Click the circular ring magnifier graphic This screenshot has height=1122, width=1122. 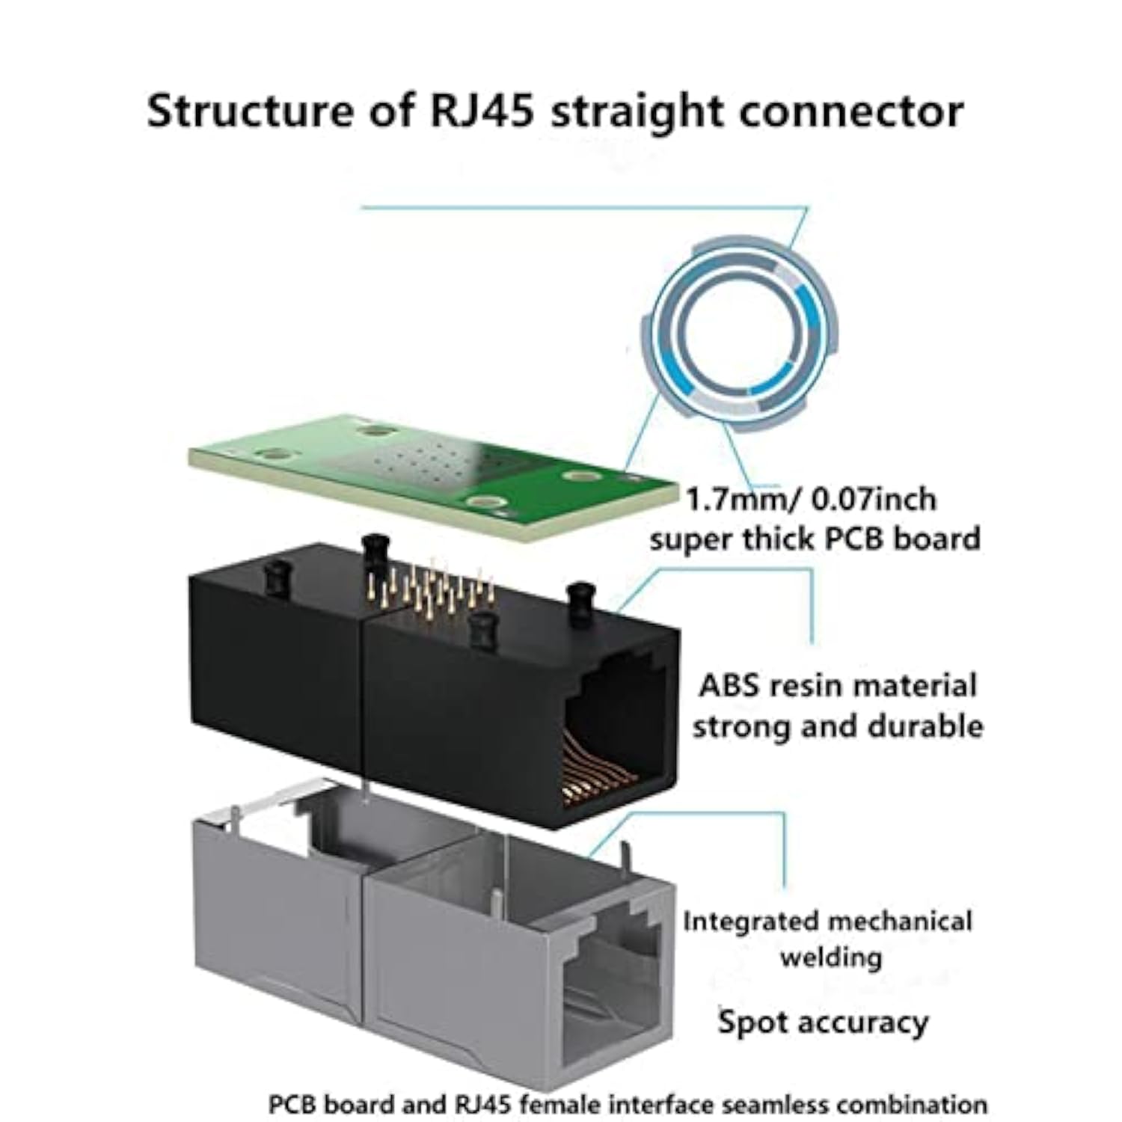[x=740, y=334]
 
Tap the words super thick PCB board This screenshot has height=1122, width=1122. [x=815, y=539]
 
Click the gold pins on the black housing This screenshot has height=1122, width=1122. [x=434, y=587]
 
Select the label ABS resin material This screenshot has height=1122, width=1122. [x=838, y=686]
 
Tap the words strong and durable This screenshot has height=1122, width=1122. [x=838, y=726]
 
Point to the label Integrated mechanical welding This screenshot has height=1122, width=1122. [x=827, y=939]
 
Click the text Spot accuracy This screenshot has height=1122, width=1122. [x=823, y=1022]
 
